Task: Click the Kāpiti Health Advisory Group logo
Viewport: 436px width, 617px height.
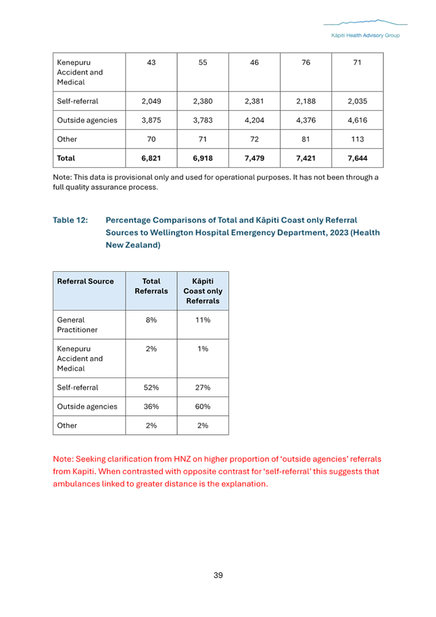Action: [x=364, y=30]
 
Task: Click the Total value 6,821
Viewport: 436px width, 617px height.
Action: [x=151, y=158]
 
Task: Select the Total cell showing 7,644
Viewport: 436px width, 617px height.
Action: [x=357, y=158]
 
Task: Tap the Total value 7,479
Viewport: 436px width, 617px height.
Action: [x=254, y=158]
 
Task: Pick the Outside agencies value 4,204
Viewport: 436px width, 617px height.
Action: [x=254, y=120]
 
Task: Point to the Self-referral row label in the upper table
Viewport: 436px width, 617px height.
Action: [x=78, y=101]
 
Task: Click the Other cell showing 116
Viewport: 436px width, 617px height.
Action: [x=357, y=139]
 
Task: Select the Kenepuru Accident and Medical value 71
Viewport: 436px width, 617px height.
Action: [x=357, y=63]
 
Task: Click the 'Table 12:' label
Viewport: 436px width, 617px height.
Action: [x=70, y=221]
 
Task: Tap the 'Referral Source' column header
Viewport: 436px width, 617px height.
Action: [x=86, y=281]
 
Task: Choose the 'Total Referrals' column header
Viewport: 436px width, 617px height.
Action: [x=151, y=286]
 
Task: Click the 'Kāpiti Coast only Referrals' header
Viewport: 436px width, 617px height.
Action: [x=203, y=291]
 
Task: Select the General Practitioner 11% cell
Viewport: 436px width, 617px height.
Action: [x=203, y=319]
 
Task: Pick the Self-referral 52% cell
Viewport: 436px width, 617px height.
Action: [x=151, y=388]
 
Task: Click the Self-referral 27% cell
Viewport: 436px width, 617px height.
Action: [x=203, y=388]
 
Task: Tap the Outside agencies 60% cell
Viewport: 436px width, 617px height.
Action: [x=203, y=407]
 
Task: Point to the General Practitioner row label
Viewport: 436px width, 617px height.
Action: [x=77, y=325]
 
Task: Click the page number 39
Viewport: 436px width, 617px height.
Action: [x=218, y=575]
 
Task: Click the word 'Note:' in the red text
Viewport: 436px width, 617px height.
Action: [x=64, y=459]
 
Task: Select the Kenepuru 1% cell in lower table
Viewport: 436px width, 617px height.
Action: [x=203, y=349]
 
